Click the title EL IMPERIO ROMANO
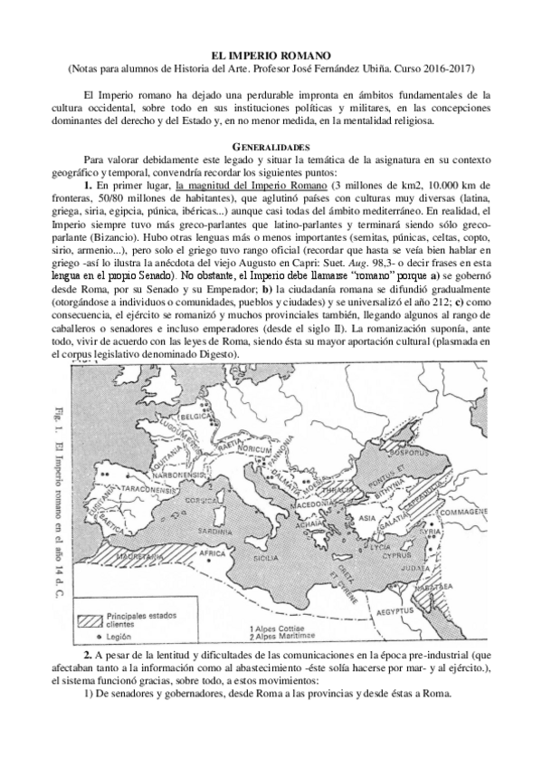coord(271,55)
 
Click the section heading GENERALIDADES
coord(271,145)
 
